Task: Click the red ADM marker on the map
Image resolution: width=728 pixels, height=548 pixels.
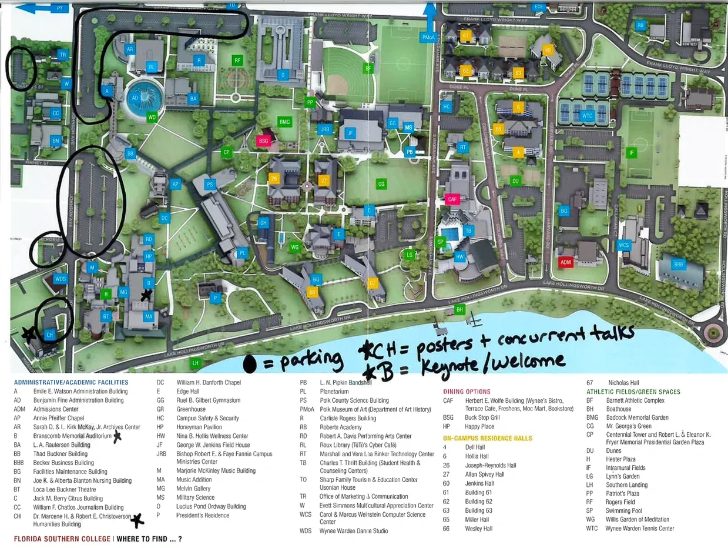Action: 565,262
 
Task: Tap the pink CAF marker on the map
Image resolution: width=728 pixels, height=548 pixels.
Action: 452,199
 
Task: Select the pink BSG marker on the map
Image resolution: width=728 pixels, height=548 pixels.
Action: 264,141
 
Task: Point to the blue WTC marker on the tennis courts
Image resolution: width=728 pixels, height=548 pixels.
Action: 588,116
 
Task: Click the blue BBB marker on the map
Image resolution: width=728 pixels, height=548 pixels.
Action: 679,265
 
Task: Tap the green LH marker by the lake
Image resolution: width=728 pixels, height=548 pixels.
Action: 196,362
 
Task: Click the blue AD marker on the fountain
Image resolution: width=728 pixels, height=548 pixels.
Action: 135,98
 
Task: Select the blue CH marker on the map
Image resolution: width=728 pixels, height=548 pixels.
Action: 49,335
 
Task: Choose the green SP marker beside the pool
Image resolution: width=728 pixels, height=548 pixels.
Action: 440,241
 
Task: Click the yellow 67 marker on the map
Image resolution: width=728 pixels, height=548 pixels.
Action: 372,283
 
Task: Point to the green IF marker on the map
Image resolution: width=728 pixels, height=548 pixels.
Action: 632,153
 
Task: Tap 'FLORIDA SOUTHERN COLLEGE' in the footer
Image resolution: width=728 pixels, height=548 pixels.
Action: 62,539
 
